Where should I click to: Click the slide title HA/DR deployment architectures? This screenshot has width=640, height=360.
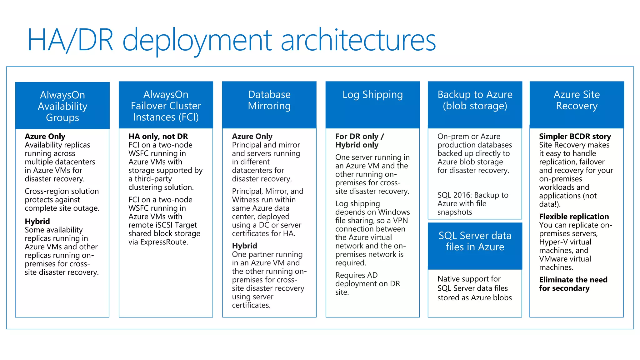point(231,40)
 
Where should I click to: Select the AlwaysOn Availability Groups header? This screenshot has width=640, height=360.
point(62,106)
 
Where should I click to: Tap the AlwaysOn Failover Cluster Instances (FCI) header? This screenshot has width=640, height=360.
point(166,105)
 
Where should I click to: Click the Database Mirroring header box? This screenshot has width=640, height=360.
point(269,105)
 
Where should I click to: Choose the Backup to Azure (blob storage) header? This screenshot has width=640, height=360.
point(475,105)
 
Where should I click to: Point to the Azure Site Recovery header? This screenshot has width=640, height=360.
point(577,105)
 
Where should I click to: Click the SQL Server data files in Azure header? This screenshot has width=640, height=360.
point(475,246)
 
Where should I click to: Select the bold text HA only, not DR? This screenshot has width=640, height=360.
point(158,137)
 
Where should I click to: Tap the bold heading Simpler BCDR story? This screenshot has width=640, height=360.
point(575,137)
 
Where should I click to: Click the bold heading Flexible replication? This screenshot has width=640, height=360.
point(574,217)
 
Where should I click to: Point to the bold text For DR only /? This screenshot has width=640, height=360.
point(360,137)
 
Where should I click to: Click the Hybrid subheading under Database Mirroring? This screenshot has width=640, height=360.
point(244,246)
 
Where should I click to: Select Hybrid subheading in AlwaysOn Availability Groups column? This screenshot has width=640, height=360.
point(37,222)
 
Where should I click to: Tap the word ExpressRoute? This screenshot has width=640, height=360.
point(164,242)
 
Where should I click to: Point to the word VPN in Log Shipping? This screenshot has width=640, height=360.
point(400,221)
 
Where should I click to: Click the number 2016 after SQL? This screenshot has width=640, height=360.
point(462,195)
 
